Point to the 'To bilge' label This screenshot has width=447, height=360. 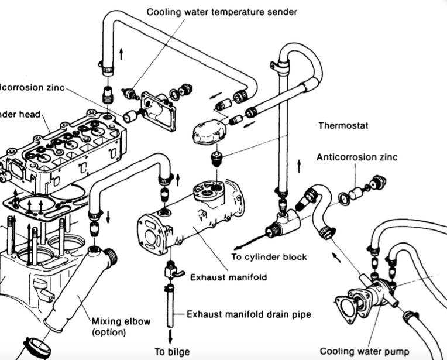[x=171, y=352]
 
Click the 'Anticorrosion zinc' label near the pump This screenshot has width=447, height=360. [x=357, y=157]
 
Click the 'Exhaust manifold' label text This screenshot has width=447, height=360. [x=228, y=276]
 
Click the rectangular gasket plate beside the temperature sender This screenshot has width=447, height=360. [x=158, y=111]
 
